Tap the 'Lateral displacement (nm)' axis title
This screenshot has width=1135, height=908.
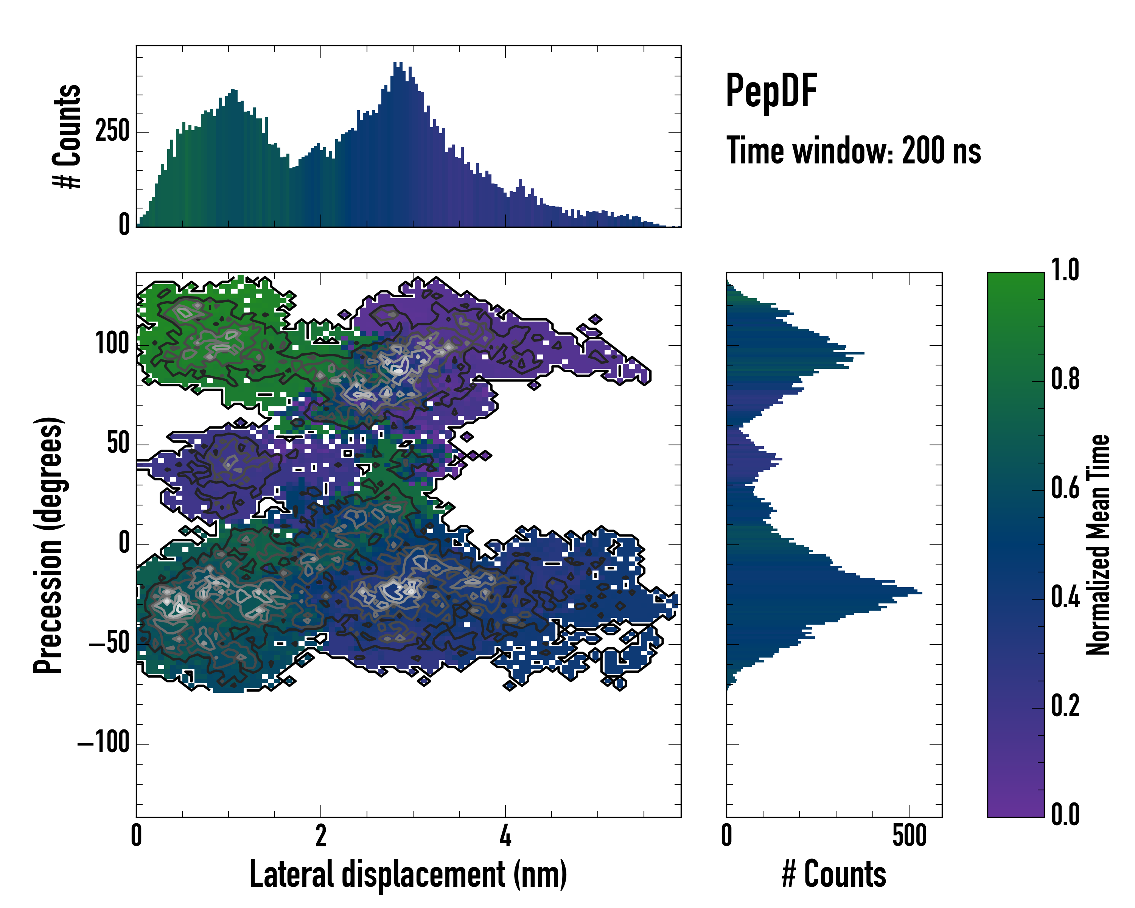click(408, 874)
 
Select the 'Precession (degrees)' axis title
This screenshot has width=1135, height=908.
click(48, 545)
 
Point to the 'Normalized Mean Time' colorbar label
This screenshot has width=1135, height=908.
click(1098, 545)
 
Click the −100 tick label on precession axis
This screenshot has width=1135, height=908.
click(104, 743)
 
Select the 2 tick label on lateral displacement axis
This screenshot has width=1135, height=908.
click(320, 836)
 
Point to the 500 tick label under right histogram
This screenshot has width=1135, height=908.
click(909, 836)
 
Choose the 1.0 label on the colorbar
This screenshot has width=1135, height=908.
click(1065, 270)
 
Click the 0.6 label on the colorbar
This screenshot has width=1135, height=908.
click(1065, 488)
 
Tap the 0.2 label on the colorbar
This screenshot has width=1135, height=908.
click(1065, 706)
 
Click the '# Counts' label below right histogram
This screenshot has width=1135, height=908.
click(834, 874)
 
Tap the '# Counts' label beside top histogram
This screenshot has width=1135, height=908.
click(67, 136)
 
